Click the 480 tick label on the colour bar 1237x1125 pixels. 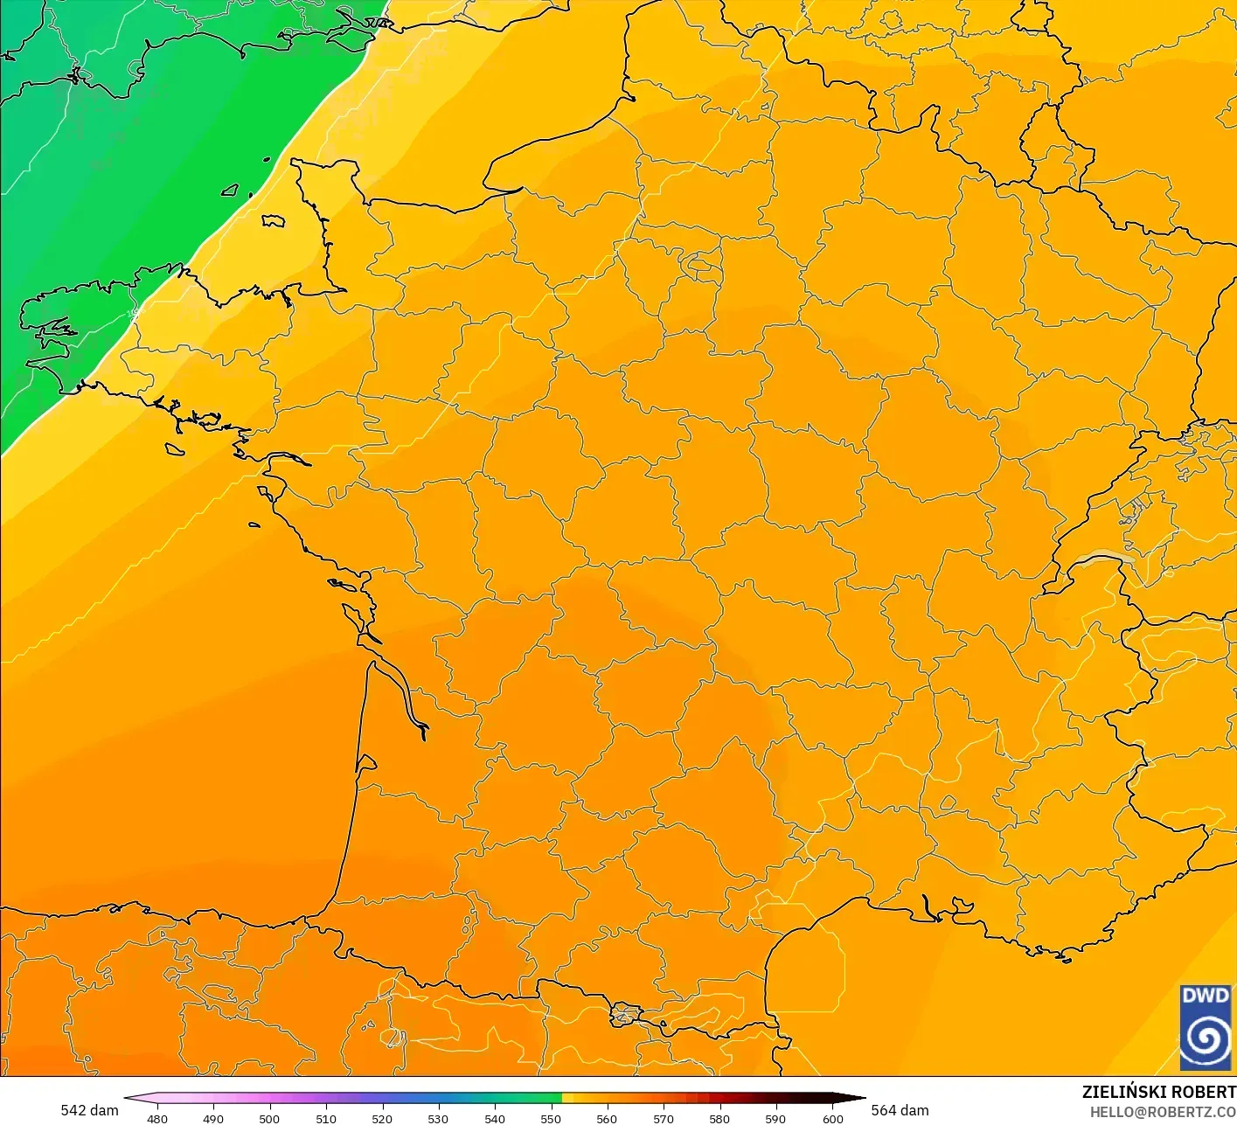(157, 1118)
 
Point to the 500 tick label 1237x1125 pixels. (269, 1118)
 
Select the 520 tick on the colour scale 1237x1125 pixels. (382, 1118)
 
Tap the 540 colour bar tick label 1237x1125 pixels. (495, 1118)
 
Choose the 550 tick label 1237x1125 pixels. (551, 1118)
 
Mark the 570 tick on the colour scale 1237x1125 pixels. (664, 1118)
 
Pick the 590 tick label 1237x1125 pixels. (775, 1118)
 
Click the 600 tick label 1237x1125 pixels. (833, 1118)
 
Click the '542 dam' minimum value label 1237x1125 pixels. (89, 1110)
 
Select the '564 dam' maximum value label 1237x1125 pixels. (900, 1110)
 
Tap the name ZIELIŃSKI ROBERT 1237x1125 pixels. (1158, 1092)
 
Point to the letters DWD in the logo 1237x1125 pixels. (1205, 996)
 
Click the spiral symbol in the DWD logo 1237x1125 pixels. (1206, 1038)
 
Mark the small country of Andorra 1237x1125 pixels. (626, 1015)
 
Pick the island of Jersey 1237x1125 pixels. (274, 220)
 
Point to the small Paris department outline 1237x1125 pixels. (699, 261)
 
